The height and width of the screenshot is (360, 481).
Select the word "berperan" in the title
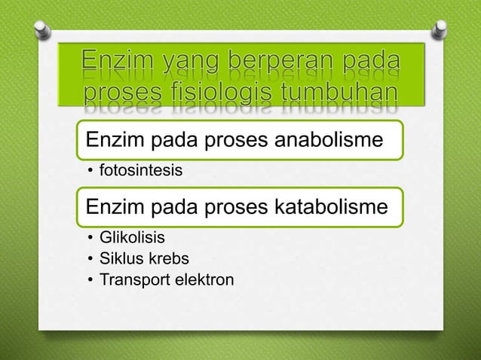(255, 59)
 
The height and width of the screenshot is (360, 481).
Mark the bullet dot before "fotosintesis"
(89, 173)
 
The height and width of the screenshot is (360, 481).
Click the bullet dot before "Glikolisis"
(89, 240)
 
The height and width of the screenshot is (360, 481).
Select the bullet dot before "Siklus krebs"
(89, 261)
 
